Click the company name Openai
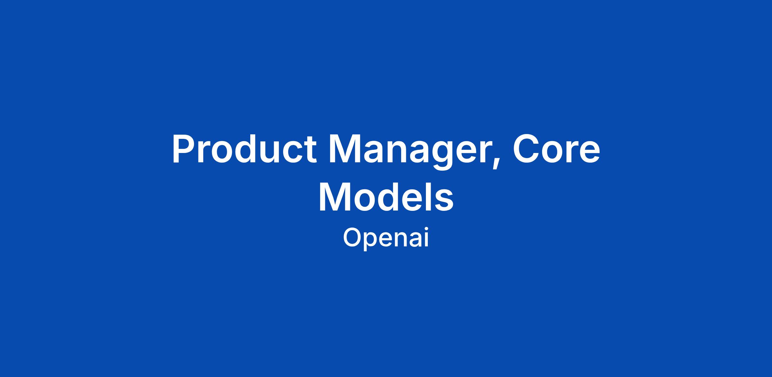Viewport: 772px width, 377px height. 386,238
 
